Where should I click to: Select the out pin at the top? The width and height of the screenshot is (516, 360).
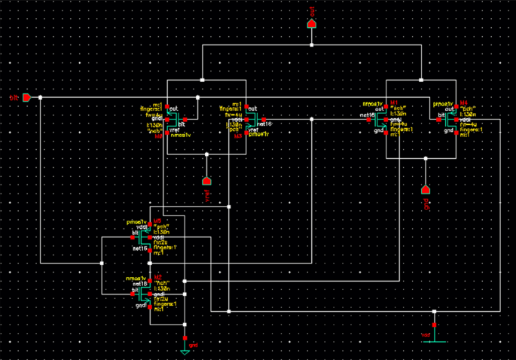coord(312,23)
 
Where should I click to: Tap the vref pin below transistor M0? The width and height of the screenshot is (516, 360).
coord(206,181)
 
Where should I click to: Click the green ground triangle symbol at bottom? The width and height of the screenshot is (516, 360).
coord(185,351)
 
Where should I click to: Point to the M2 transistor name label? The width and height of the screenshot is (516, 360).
coord(157,278)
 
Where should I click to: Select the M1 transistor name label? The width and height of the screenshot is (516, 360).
coord(392,102)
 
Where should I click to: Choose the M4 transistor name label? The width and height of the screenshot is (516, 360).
coord(463,102)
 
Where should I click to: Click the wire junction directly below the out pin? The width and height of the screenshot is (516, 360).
coord(312,45)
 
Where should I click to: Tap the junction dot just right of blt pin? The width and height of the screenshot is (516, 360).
coord(40,97)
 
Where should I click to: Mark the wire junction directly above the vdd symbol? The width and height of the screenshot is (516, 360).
coord(434,310)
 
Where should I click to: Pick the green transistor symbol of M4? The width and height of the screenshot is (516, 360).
coord(451,119)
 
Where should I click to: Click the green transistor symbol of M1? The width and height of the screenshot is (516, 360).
coord(380,119)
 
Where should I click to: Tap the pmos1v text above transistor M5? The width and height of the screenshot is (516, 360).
coord(136,221)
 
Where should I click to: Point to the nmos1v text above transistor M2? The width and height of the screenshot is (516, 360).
coord(136,278)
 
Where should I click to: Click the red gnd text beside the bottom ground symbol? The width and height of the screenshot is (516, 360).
coord(193,344)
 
